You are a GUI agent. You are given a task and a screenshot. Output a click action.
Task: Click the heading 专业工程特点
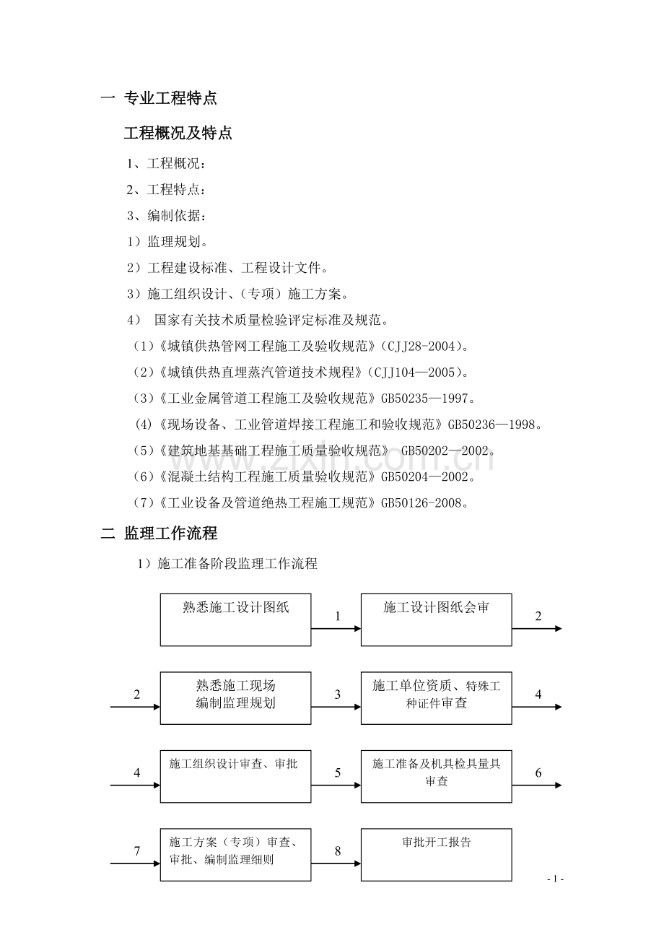pos(170,98)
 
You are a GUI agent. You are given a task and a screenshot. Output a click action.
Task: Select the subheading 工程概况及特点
pos(178,133)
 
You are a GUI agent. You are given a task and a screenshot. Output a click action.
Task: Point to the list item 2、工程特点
pos(166,189)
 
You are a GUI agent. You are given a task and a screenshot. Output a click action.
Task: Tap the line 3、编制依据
pos(166,215)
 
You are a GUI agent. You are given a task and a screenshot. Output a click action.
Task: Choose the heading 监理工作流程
pos(170,534)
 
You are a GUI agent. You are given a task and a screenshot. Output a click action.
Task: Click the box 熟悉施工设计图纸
pos(236,619)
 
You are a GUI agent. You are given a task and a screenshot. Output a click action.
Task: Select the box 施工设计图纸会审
pos(436,619)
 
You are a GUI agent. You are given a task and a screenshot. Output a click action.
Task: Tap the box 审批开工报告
pos(436,855)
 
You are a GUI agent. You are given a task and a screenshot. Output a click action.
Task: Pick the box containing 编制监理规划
pos(236,698)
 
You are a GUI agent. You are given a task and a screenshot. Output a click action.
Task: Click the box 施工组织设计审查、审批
pos(236,776)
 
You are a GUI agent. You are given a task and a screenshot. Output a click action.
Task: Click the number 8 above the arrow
pos(337,851)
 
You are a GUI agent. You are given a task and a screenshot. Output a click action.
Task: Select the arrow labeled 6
pos(537,785)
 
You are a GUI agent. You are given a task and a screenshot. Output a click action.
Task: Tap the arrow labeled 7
pos(135,863)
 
